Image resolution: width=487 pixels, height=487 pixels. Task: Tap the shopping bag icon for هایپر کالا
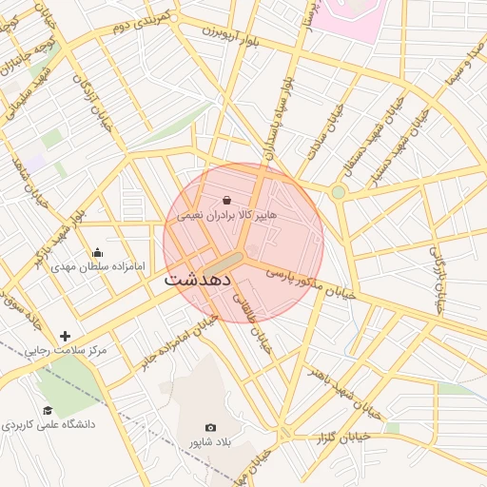tap(227, 200)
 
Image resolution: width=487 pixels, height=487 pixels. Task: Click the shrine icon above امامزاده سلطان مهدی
tap(97, 253)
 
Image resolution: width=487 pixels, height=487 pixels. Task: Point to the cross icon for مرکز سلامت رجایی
tap(65, 336)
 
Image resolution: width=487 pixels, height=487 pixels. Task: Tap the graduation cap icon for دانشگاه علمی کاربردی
tap(48, 410)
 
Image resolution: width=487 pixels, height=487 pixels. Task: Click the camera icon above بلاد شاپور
tap(210, 428)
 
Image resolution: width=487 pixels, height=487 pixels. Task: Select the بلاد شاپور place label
tap(210, 442)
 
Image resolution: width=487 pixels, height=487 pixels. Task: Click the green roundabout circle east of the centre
tap(338, 192)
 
